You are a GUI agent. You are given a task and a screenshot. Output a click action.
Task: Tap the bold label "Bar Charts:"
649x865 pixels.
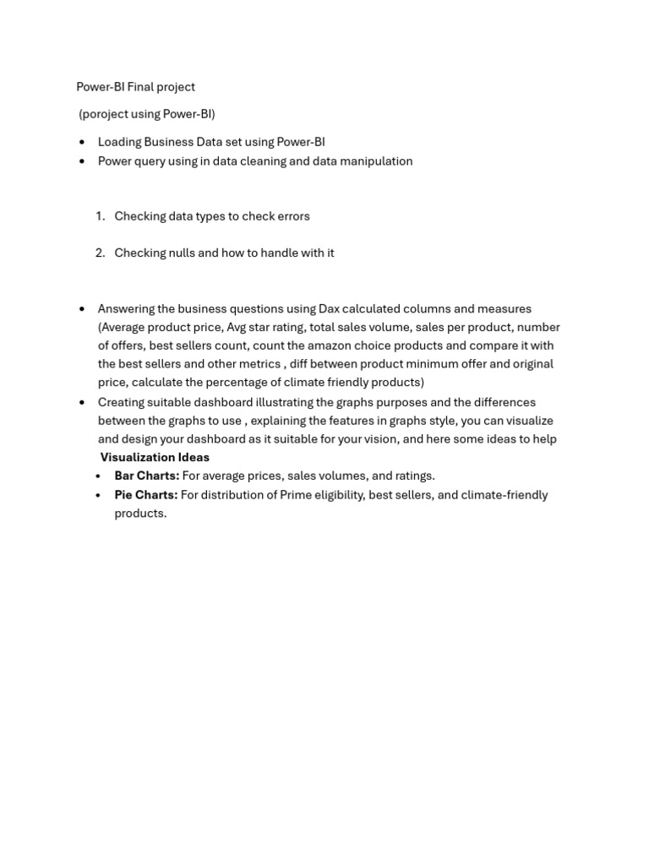pyautogui.click(x=147, y=476)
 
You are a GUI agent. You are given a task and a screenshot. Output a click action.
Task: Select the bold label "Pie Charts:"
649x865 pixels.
pyautogui.click(x=146, y=495)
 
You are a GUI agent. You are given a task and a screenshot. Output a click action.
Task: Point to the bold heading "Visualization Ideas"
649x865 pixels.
pyautogui.click(x=155, y=457)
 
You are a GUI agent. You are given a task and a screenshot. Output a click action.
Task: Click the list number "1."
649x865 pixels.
pyautogui.click(x=101, y=216)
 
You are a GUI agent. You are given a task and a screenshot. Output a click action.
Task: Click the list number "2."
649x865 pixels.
pyautogui.click(x=101, y=253)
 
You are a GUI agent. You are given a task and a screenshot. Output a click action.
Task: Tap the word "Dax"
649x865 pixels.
pyautogui.click(x=329, y=309)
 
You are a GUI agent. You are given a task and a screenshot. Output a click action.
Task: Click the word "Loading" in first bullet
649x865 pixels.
pyautogui.click(x=119, y=142)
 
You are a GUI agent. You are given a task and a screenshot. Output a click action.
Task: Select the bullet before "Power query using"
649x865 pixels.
pyautogui.click(x=82, y=161)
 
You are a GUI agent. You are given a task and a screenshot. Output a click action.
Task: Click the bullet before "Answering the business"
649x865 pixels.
pyautogui.click(x=82, y=309)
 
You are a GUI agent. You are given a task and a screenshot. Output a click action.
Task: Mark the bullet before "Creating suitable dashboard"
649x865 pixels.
pyautogui.click(x=82, y=402)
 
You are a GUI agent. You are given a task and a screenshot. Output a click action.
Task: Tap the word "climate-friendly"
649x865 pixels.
pyautogui.click(x=504, y=495)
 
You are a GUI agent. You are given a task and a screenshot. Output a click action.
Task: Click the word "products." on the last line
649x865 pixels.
pyautogui.click(x=140, y=514)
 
